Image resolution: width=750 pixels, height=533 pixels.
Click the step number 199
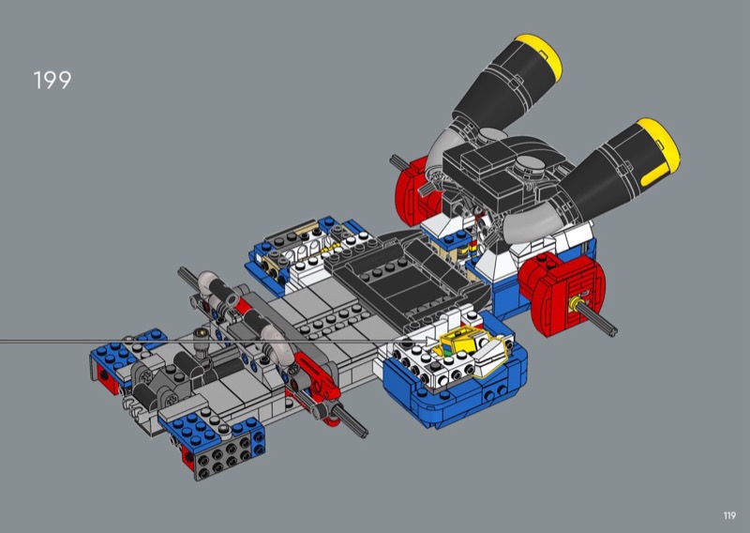click(52, 80)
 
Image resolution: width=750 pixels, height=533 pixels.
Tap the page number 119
click(729, 515)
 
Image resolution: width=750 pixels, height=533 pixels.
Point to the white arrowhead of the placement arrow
click(431, 341)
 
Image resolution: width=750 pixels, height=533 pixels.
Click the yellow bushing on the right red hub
click(574, 302)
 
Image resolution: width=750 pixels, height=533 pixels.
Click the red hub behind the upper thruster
click(412, 190)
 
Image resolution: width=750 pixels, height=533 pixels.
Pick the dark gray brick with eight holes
click(224, 456)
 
